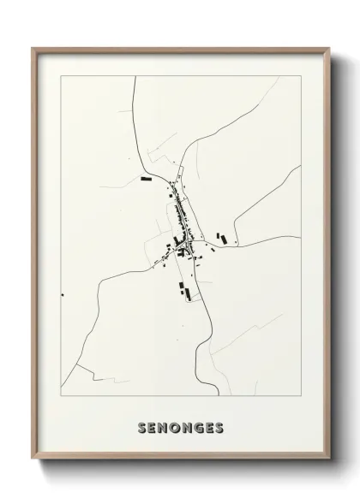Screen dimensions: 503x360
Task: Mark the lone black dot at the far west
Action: (x=63, y=295)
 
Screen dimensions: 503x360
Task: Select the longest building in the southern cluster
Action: (x=181, y=288)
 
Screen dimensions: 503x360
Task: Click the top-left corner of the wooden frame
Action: (x=33, y=49)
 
